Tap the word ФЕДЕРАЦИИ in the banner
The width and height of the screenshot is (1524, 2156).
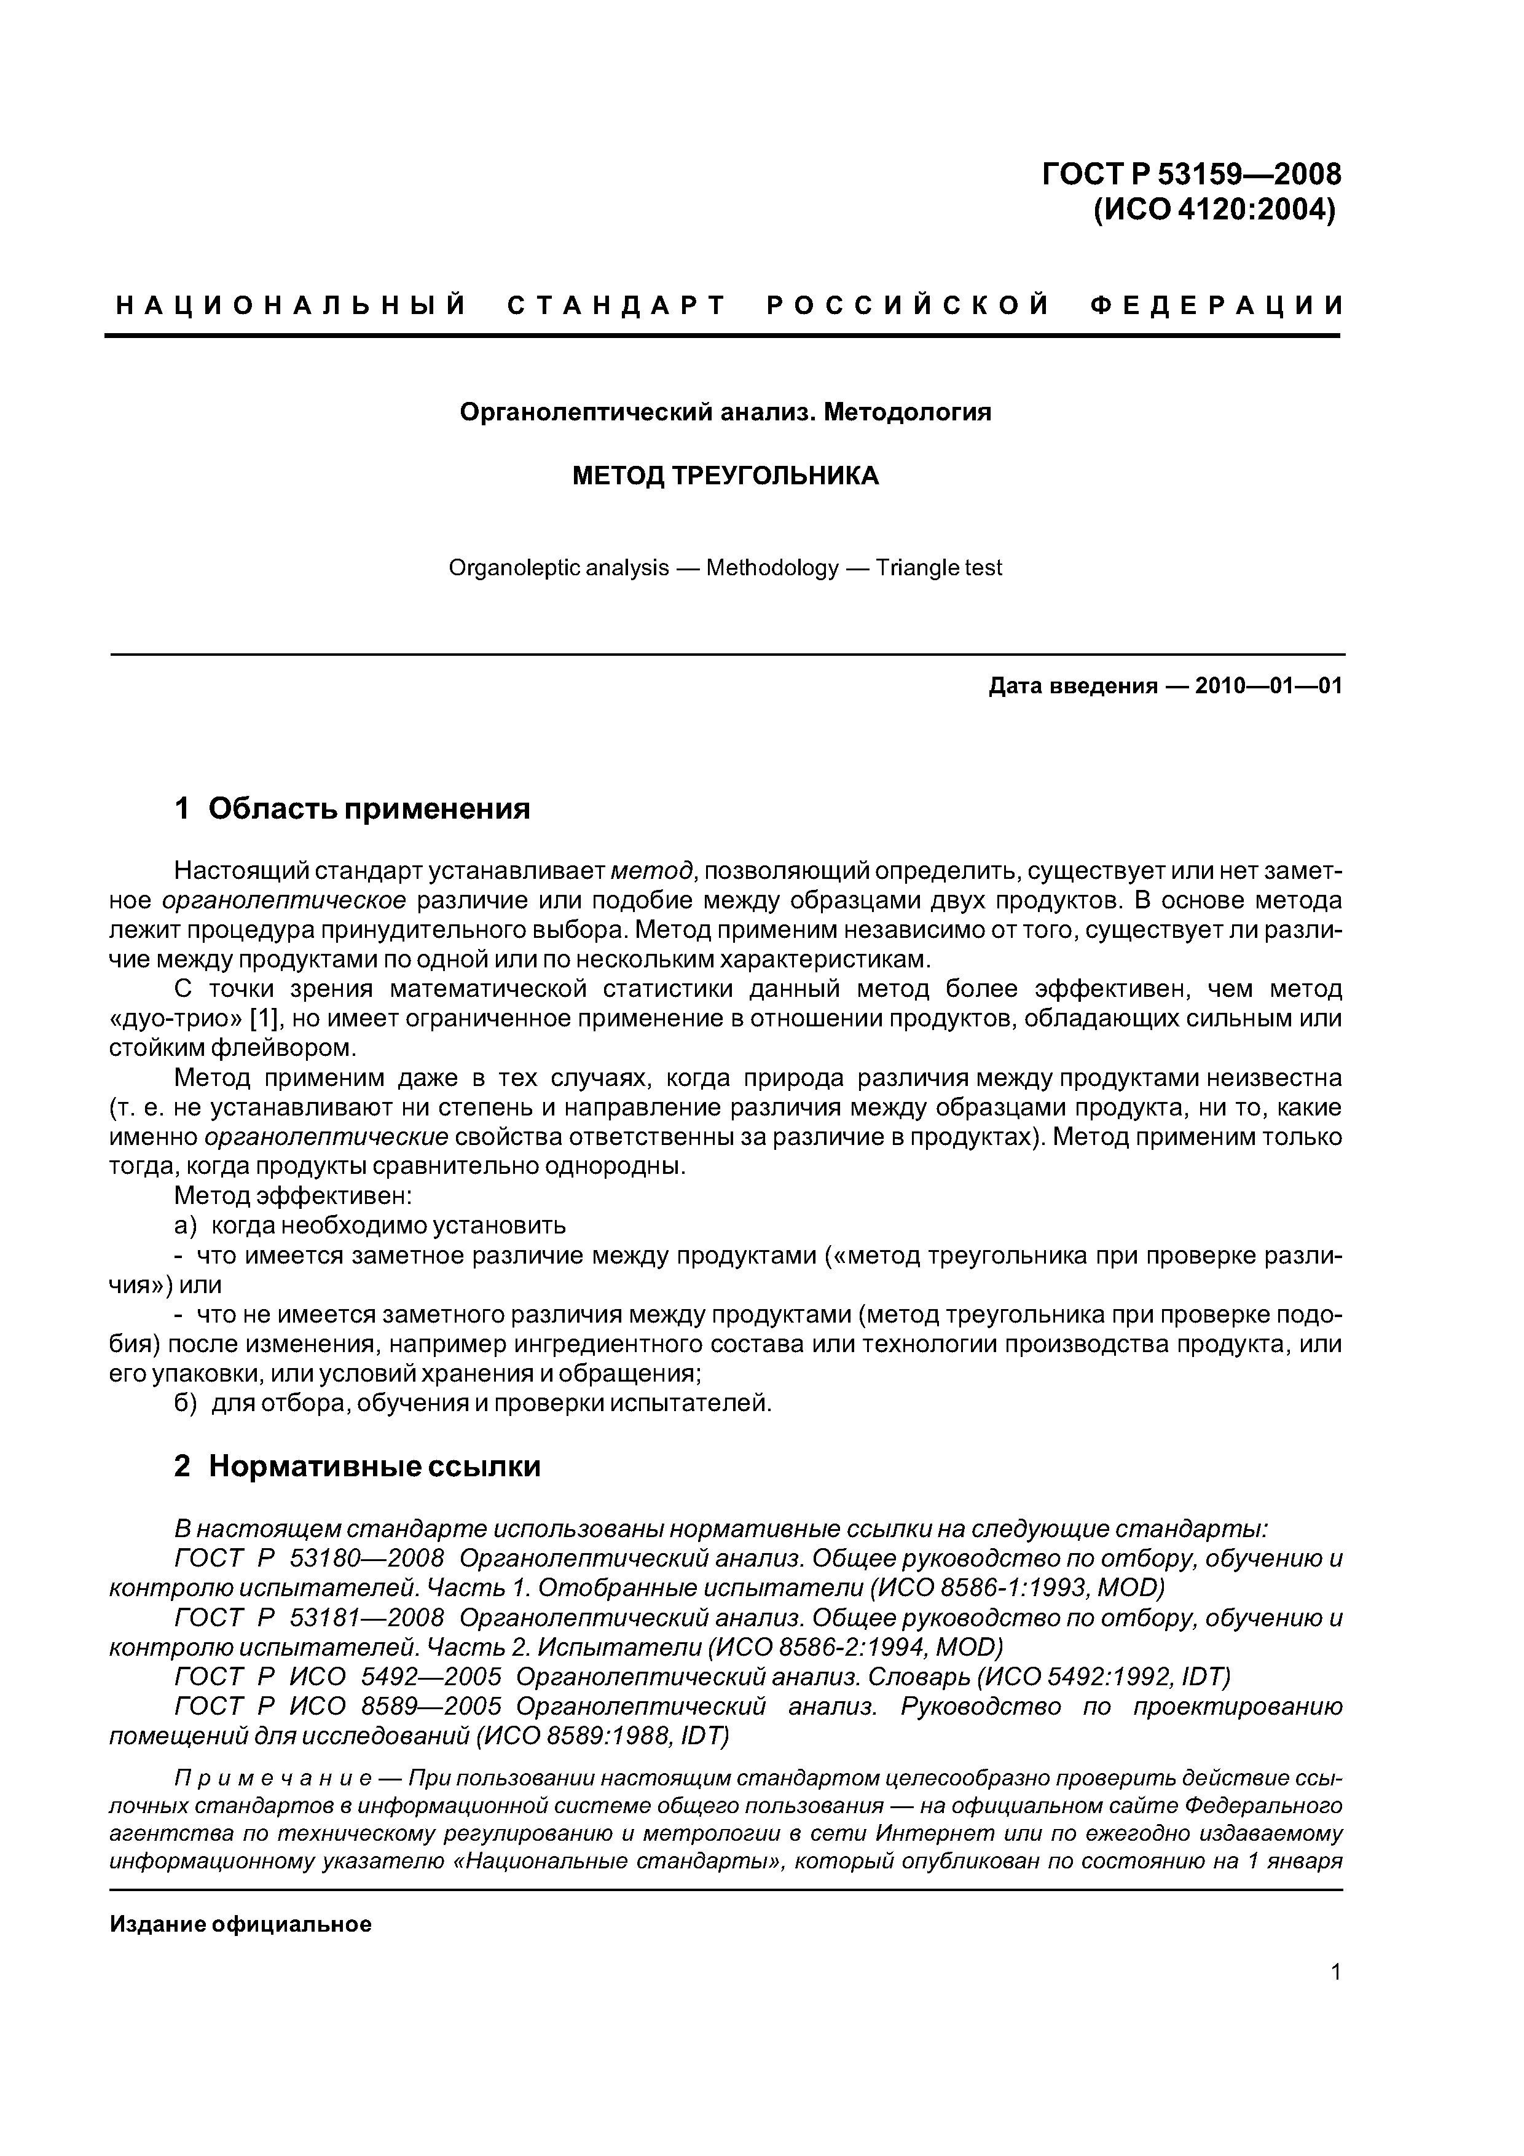1218,305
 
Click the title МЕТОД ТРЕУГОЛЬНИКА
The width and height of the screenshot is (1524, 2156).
725,476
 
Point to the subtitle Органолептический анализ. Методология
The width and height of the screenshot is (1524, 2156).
725,412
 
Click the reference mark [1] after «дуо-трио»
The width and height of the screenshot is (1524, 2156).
265,1019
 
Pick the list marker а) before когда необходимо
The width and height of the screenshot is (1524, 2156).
186,1226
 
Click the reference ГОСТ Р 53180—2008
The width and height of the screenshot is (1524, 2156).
309,1559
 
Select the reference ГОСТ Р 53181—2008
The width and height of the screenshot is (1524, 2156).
309,1618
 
